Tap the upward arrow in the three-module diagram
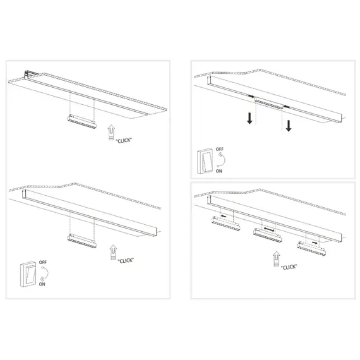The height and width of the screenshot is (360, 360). point(275,257)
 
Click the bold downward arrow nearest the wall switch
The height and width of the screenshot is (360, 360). point(250,119)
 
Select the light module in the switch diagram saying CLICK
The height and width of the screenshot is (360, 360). point(81,239)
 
